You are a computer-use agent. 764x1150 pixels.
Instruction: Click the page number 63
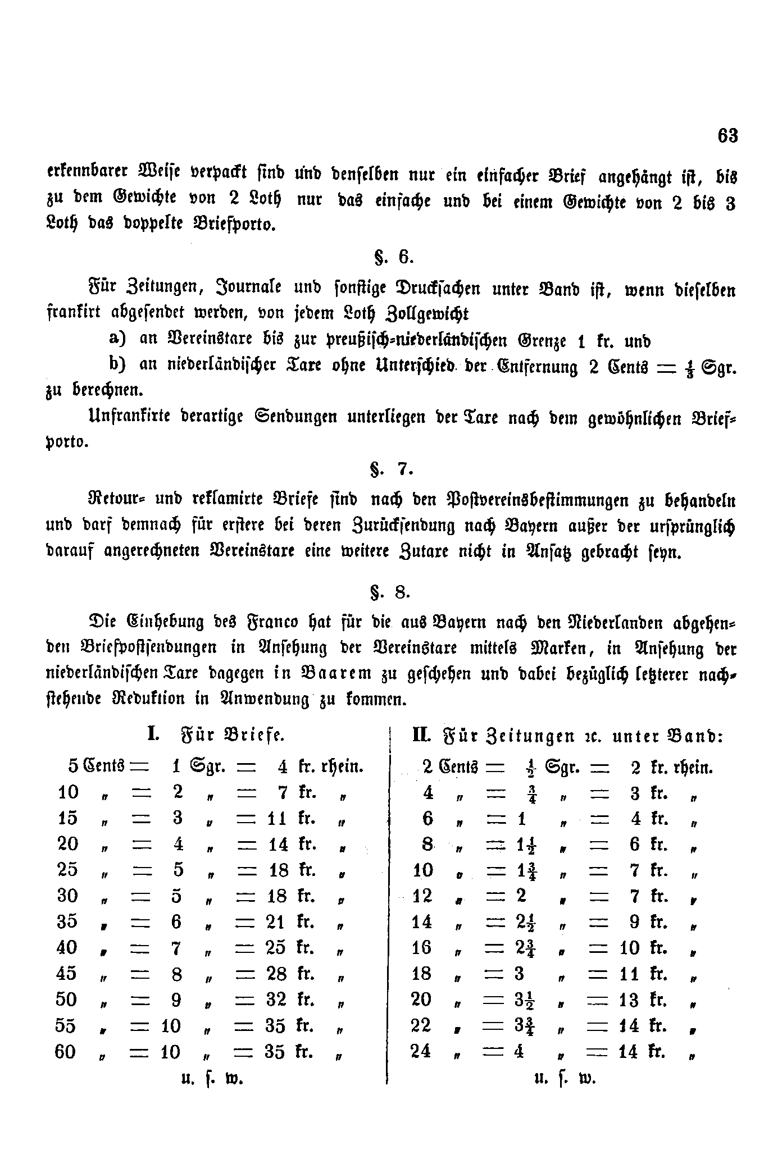[x=727, y=136]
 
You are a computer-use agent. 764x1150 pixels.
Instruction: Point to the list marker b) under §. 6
[x=117, y=365]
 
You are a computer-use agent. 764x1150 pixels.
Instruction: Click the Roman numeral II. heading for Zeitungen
[x=421, y=735]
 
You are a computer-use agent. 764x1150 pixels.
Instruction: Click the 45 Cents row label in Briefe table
[x=67, y=974]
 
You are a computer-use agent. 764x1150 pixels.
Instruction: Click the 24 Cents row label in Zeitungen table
[x=421, y=1051]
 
